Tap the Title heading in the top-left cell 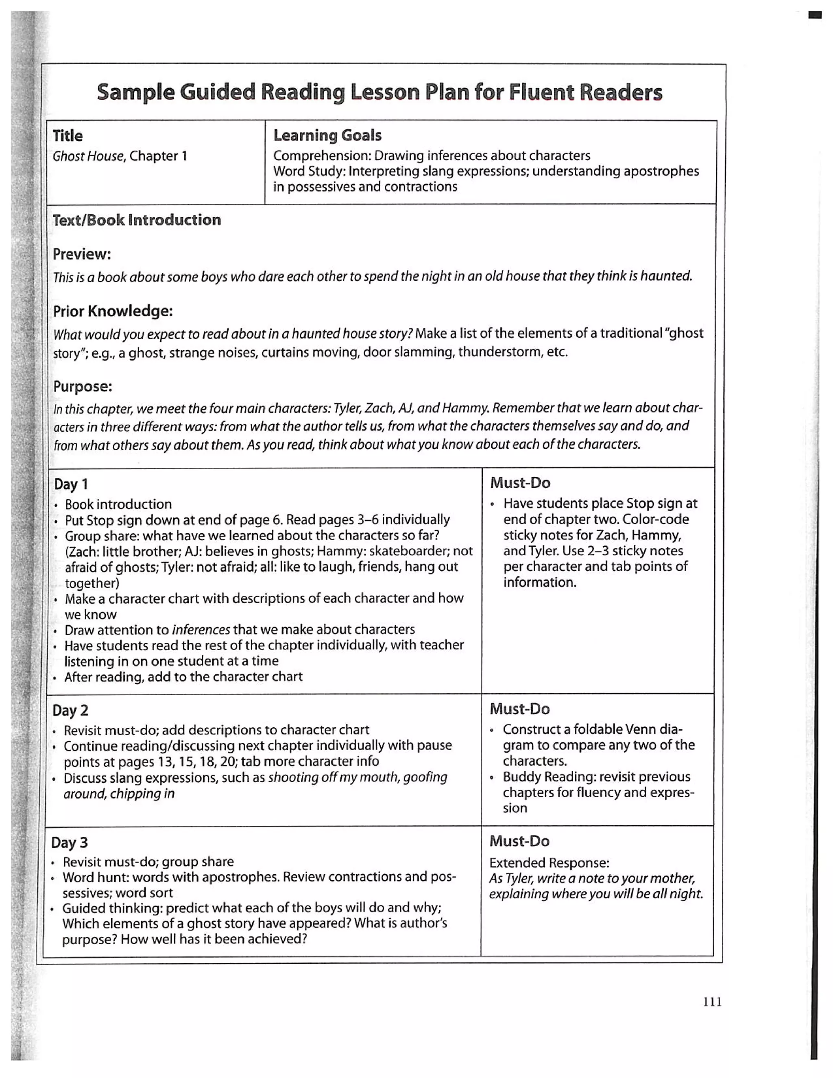[68, 136]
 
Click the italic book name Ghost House [88, 157]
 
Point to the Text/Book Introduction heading [137, 220]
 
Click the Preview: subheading [82, 254]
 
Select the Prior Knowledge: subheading [113, 312]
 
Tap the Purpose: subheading [83, 386]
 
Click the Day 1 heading [70, 484]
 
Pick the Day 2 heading [70, 710]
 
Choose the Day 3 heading [69, 842]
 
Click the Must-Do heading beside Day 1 [520, 483]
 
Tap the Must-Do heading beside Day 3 [519, 841]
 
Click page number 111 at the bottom [712, 1002]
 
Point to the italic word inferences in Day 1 [201, 630]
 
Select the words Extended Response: [549, 863]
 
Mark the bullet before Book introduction [56, 505]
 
